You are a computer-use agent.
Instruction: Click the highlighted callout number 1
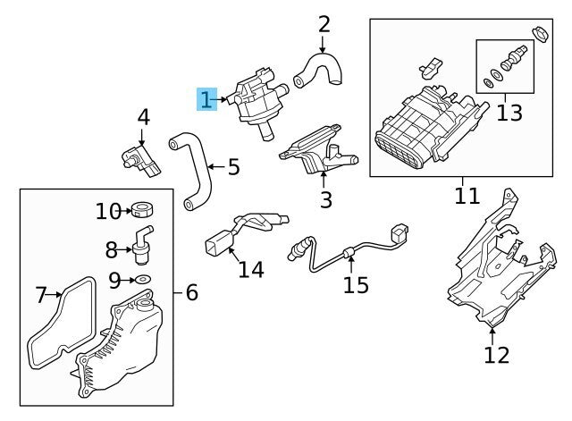[206, 98]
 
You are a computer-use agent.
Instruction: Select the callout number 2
[324, 24]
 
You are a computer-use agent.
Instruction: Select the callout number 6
[191, 291]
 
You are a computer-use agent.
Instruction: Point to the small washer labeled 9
[140, 280]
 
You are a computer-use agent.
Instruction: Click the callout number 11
[466, 196]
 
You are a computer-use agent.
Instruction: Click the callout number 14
[250, 268]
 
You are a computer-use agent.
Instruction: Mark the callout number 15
[356, 285]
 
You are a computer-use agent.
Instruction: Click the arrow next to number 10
[126, 212]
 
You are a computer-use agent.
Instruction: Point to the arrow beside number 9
[126, 281]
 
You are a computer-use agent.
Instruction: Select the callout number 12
[495, 355]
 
